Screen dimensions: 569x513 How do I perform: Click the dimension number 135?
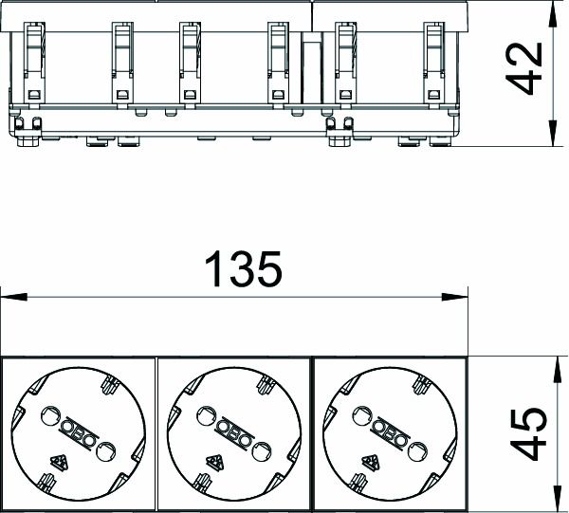point(243,269)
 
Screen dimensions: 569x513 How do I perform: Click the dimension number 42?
point(524,69)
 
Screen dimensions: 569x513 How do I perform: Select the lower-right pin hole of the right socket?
point(417,451)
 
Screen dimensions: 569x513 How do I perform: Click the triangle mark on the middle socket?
point(215,462)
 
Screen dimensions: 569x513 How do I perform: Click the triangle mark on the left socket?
point(59,462)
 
